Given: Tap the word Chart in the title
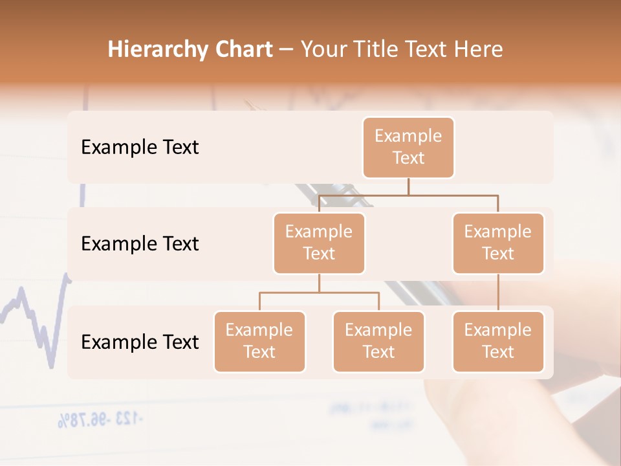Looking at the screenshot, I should (x=243, y=50).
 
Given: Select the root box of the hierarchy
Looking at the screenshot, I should (x=408, y=147).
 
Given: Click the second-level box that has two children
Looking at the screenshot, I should (x=319, y=243).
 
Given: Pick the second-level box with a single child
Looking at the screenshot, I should (x=498, y=243).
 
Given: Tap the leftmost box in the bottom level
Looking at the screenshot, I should (x=259, y=341).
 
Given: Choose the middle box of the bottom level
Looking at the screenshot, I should (x=378, y=341).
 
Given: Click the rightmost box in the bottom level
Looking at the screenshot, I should (x=498, y=341).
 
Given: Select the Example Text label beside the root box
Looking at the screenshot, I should (x=140, y=147).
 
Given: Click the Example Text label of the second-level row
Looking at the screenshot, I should (x=140, y=243).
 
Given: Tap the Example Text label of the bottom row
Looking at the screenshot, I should (x=140, y=342).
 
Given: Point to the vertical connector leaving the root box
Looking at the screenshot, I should (x=408, y=186).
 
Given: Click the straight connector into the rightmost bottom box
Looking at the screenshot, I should (x=498, y=293).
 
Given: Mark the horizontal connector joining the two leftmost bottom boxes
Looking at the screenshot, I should (x=319, y=293).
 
